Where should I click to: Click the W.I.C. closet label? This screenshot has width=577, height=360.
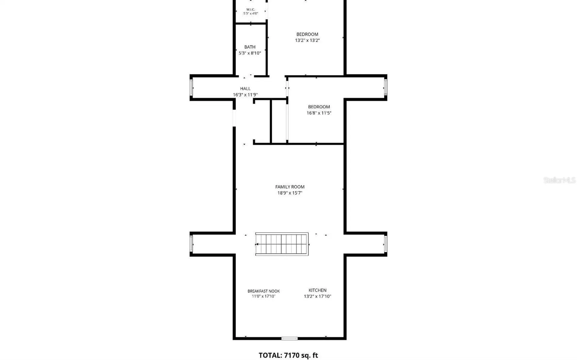pos(250,10)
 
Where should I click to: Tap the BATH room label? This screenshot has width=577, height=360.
pos(250,47)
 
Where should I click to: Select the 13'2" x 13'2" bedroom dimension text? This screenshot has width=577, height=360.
pos(307,40)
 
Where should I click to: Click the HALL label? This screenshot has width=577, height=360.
pos(245,89)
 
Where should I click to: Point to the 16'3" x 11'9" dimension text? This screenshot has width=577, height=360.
pos(245,95)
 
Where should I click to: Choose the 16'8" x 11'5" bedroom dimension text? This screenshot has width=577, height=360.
pos(319,113)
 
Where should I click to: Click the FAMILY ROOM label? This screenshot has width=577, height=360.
pos(290,187)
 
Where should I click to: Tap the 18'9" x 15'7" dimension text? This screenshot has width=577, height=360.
pos(290,193)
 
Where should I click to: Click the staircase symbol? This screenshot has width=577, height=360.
pos(282,244)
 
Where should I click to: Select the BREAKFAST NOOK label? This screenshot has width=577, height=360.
pos(264,291)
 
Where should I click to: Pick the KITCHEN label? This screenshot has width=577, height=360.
pos(317,290)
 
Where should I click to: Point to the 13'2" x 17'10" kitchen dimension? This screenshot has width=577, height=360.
pos(317,296)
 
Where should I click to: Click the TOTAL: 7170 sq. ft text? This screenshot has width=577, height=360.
pos(288,355)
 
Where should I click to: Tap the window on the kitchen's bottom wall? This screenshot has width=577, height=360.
pos(289,339)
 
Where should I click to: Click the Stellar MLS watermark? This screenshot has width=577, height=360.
pos(559,180)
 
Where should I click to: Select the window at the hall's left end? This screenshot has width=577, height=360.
pos(191,88)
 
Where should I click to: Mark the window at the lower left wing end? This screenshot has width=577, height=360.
pos(191,244)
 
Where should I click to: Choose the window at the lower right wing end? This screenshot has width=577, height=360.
pos(386,244)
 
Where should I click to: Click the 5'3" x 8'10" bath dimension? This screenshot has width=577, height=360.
pos(250,53)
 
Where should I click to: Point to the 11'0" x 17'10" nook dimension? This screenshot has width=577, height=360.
pos(264,296)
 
